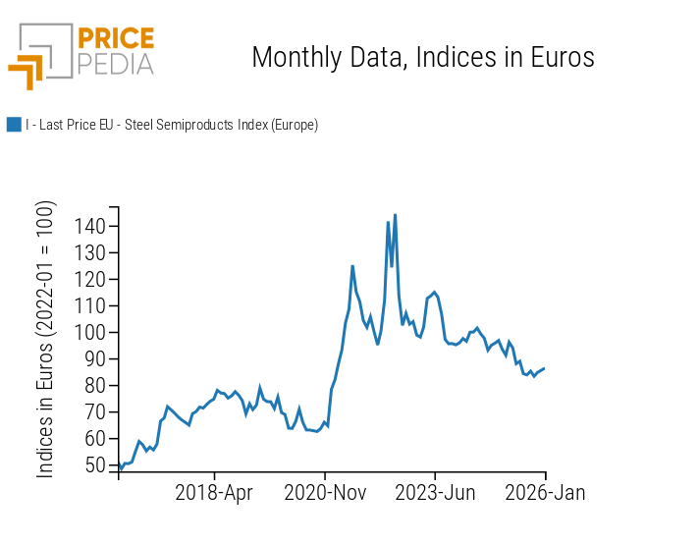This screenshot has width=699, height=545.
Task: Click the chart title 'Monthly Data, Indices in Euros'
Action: click(423, 57)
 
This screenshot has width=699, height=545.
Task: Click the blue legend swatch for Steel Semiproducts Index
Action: click(14, 125)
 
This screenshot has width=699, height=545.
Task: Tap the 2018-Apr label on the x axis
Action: click(214, 493)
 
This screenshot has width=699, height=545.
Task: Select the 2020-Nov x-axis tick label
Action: click(325, 493)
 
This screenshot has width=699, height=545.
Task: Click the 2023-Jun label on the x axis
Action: click(435, 493)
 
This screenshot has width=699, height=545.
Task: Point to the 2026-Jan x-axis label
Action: click(545, 493)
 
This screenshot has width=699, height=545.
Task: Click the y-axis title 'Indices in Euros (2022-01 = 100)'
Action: click(46, 339)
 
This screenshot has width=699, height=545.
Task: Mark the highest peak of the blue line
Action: click(395, 215)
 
